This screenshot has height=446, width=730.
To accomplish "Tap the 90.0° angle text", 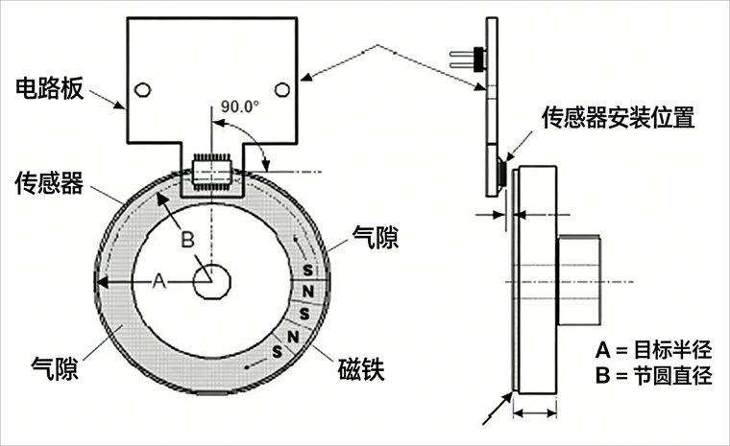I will pos(240,106).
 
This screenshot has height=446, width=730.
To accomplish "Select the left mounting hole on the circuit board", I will pos(142,89).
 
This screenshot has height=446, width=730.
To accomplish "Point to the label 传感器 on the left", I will pos(52,183).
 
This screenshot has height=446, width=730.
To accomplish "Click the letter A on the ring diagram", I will pos(160,282).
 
